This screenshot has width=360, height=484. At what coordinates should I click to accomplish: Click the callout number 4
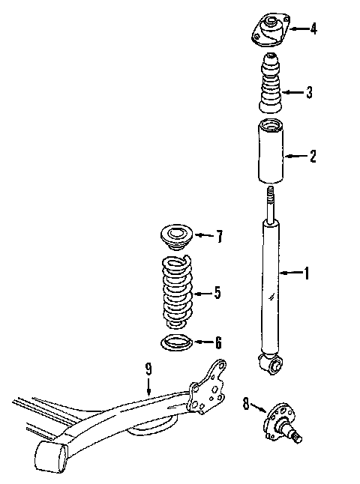(x=313, y=28)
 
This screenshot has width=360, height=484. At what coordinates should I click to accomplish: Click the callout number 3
(x=309, y=92)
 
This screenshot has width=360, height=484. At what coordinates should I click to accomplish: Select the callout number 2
(x=313, y=156)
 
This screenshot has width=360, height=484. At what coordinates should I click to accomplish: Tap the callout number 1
(x=307, y=273)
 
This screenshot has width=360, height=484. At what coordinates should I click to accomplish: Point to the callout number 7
(x=220, y=237)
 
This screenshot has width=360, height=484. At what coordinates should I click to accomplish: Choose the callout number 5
(x=217, y=292)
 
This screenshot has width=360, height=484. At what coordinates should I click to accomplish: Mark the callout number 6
(x=218, y=342)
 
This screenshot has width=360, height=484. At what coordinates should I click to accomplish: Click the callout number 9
(x=148, y=369)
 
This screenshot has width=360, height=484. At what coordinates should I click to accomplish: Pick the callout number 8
(x=246, y=403)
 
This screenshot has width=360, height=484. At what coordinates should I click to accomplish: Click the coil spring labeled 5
(x=177, y=291)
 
